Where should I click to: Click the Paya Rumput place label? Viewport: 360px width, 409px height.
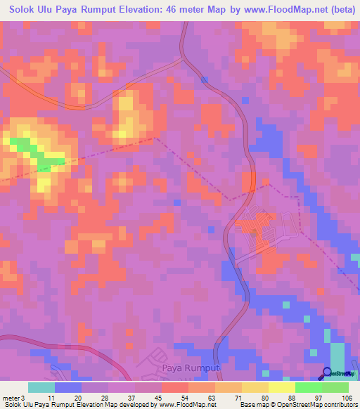191,368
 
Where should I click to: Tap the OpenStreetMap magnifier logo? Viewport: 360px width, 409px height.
328,373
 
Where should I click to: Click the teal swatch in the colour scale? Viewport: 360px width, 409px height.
41,387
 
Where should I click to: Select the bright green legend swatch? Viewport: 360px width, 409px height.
309,387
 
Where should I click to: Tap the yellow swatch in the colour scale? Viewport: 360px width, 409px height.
282,387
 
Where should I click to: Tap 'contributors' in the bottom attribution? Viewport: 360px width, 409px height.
340,405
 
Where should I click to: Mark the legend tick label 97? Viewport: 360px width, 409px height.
320,397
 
